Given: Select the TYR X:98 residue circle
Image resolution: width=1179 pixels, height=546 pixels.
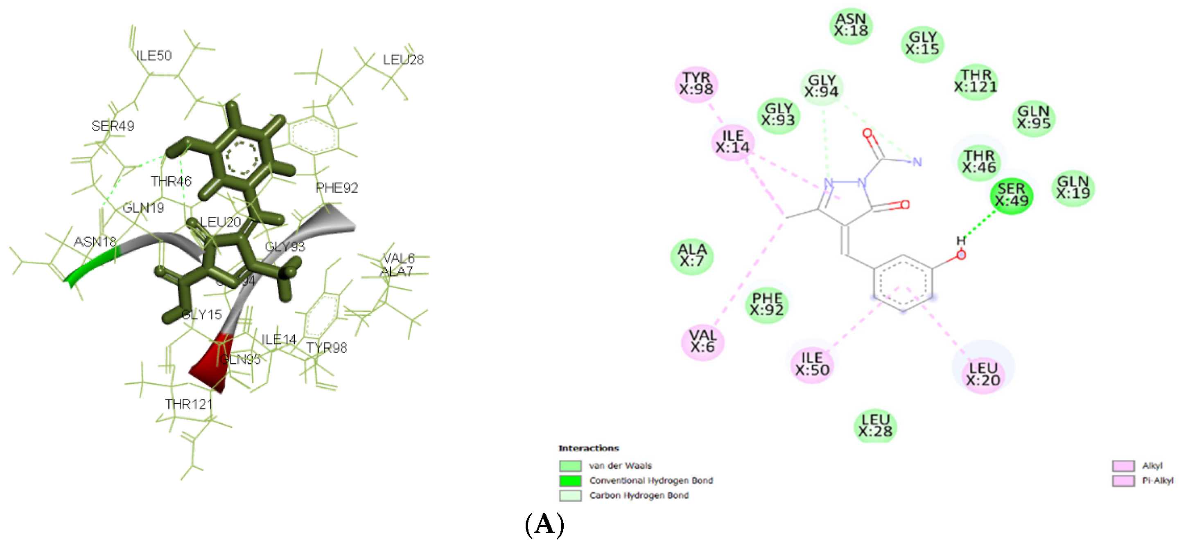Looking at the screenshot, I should [696, 84].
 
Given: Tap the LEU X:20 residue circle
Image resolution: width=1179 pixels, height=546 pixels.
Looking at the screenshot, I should [982, 375].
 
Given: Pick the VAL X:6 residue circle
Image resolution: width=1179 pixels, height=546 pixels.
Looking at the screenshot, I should [702, 342].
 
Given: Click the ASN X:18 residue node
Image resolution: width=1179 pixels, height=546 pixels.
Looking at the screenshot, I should [850, 25].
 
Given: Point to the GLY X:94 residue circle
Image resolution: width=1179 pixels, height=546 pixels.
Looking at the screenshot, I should [822, 86].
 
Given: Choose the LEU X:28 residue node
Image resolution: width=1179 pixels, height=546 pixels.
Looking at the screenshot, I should [875, 426].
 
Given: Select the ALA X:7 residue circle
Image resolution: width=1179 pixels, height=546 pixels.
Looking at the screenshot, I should [692, 256].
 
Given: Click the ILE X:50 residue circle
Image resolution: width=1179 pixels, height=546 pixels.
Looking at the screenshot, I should [812, 364].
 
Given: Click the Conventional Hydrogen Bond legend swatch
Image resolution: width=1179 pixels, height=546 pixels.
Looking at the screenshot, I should [570, 481].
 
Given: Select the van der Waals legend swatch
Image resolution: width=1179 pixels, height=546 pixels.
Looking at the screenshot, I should [570, 465].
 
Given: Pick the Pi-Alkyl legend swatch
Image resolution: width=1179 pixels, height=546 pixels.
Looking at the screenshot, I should [1123, 481].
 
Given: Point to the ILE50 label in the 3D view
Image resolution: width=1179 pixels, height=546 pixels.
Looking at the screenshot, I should [154, 56].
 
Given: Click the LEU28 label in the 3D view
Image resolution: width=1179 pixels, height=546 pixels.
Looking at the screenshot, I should [403, 60].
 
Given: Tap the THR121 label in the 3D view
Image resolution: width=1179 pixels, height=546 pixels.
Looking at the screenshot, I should [189, 404].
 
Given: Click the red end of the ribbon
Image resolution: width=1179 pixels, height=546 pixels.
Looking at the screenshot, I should [212, 366].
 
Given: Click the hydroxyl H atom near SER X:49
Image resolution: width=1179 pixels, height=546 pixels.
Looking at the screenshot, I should [961, 241].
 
